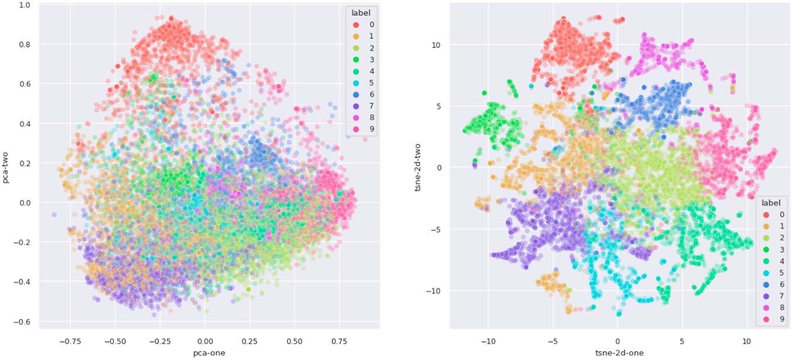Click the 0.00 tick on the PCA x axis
click(x=205, y=339)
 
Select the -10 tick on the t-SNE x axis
click(x=487, y=339)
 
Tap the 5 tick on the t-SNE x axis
click(x=682, y=339)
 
